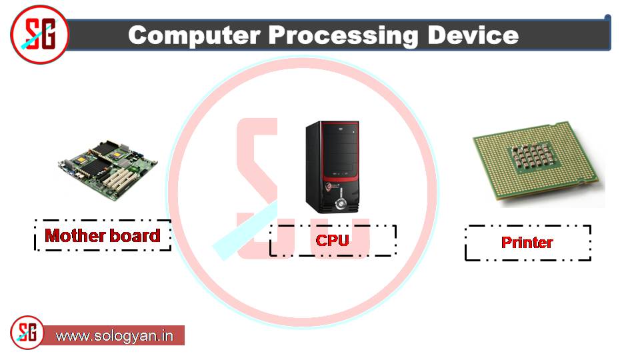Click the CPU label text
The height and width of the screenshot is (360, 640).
pos(332,240)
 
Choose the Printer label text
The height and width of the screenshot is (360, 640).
pos(527,242)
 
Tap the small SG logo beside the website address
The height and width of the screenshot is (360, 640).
pos(27,333)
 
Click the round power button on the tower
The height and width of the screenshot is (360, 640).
pos(341,201)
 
